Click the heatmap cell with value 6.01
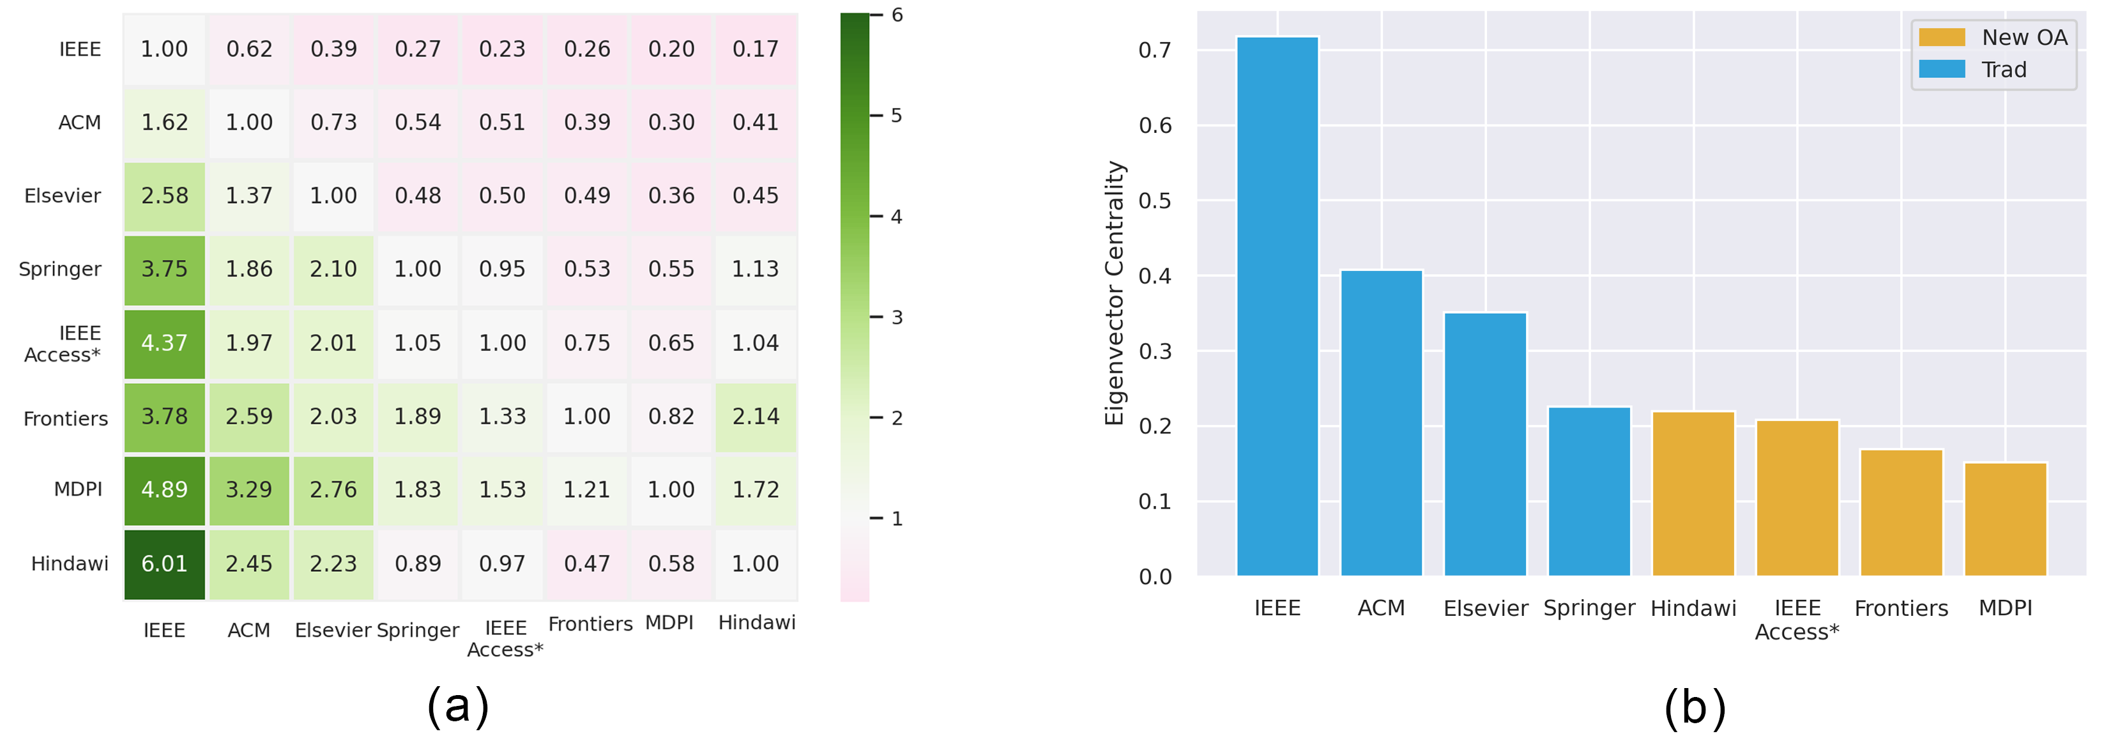164,564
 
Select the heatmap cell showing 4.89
164,489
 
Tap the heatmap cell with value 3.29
249,489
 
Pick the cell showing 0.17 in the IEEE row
756,49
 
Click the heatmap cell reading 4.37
164,343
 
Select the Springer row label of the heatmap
61,270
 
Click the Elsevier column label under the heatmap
333,630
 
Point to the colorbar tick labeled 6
897,15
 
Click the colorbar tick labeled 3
897,317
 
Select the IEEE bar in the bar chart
1277,307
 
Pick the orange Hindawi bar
1693,494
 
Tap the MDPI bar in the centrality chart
2005,519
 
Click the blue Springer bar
1589,491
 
